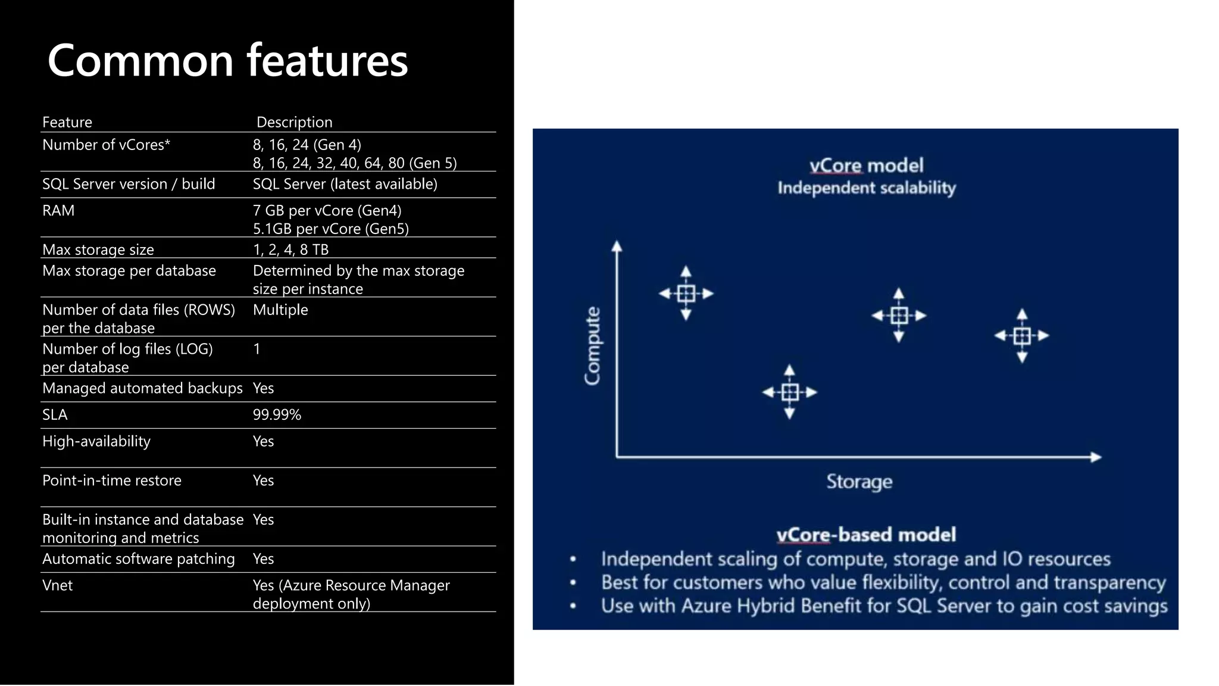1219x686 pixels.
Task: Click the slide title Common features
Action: coord(227,61)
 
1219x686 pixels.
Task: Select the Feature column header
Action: coord(67,122)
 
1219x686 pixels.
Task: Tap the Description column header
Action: coord(294,122)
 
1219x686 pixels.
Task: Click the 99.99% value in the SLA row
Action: coord(277,414)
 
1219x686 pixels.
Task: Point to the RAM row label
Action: coord(58,210)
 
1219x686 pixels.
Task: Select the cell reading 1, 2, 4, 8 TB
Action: coord(290,249)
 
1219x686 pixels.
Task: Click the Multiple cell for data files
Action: coord(280,310)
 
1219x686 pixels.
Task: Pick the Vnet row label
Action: coord(57,585)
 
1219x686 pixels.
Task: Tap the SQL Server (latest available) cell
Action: coord(345,184)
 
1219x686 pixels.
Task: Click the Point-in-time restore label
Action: coord(112,480)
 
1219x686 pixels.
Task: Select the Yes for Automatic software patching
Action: coord(263,559)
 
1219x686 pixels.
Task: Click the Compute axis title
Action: coord(592,346)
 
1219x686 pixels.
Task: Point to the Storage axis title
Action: coord(859,481)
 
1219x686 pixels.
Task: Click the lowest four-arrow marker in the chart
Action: coord(790,392)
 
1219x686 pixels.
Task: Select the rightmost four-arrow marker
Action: coord(1022,336)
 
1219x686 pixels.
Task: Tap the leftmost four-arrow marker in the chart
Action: coord(686,293)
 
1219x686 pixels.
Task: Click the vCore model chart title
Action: coord(866,166)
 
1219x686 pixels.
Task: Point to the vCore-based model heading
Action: coord(866,534)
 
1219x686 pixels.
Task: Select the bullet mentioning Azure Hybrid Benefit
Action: coord(883,606)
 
